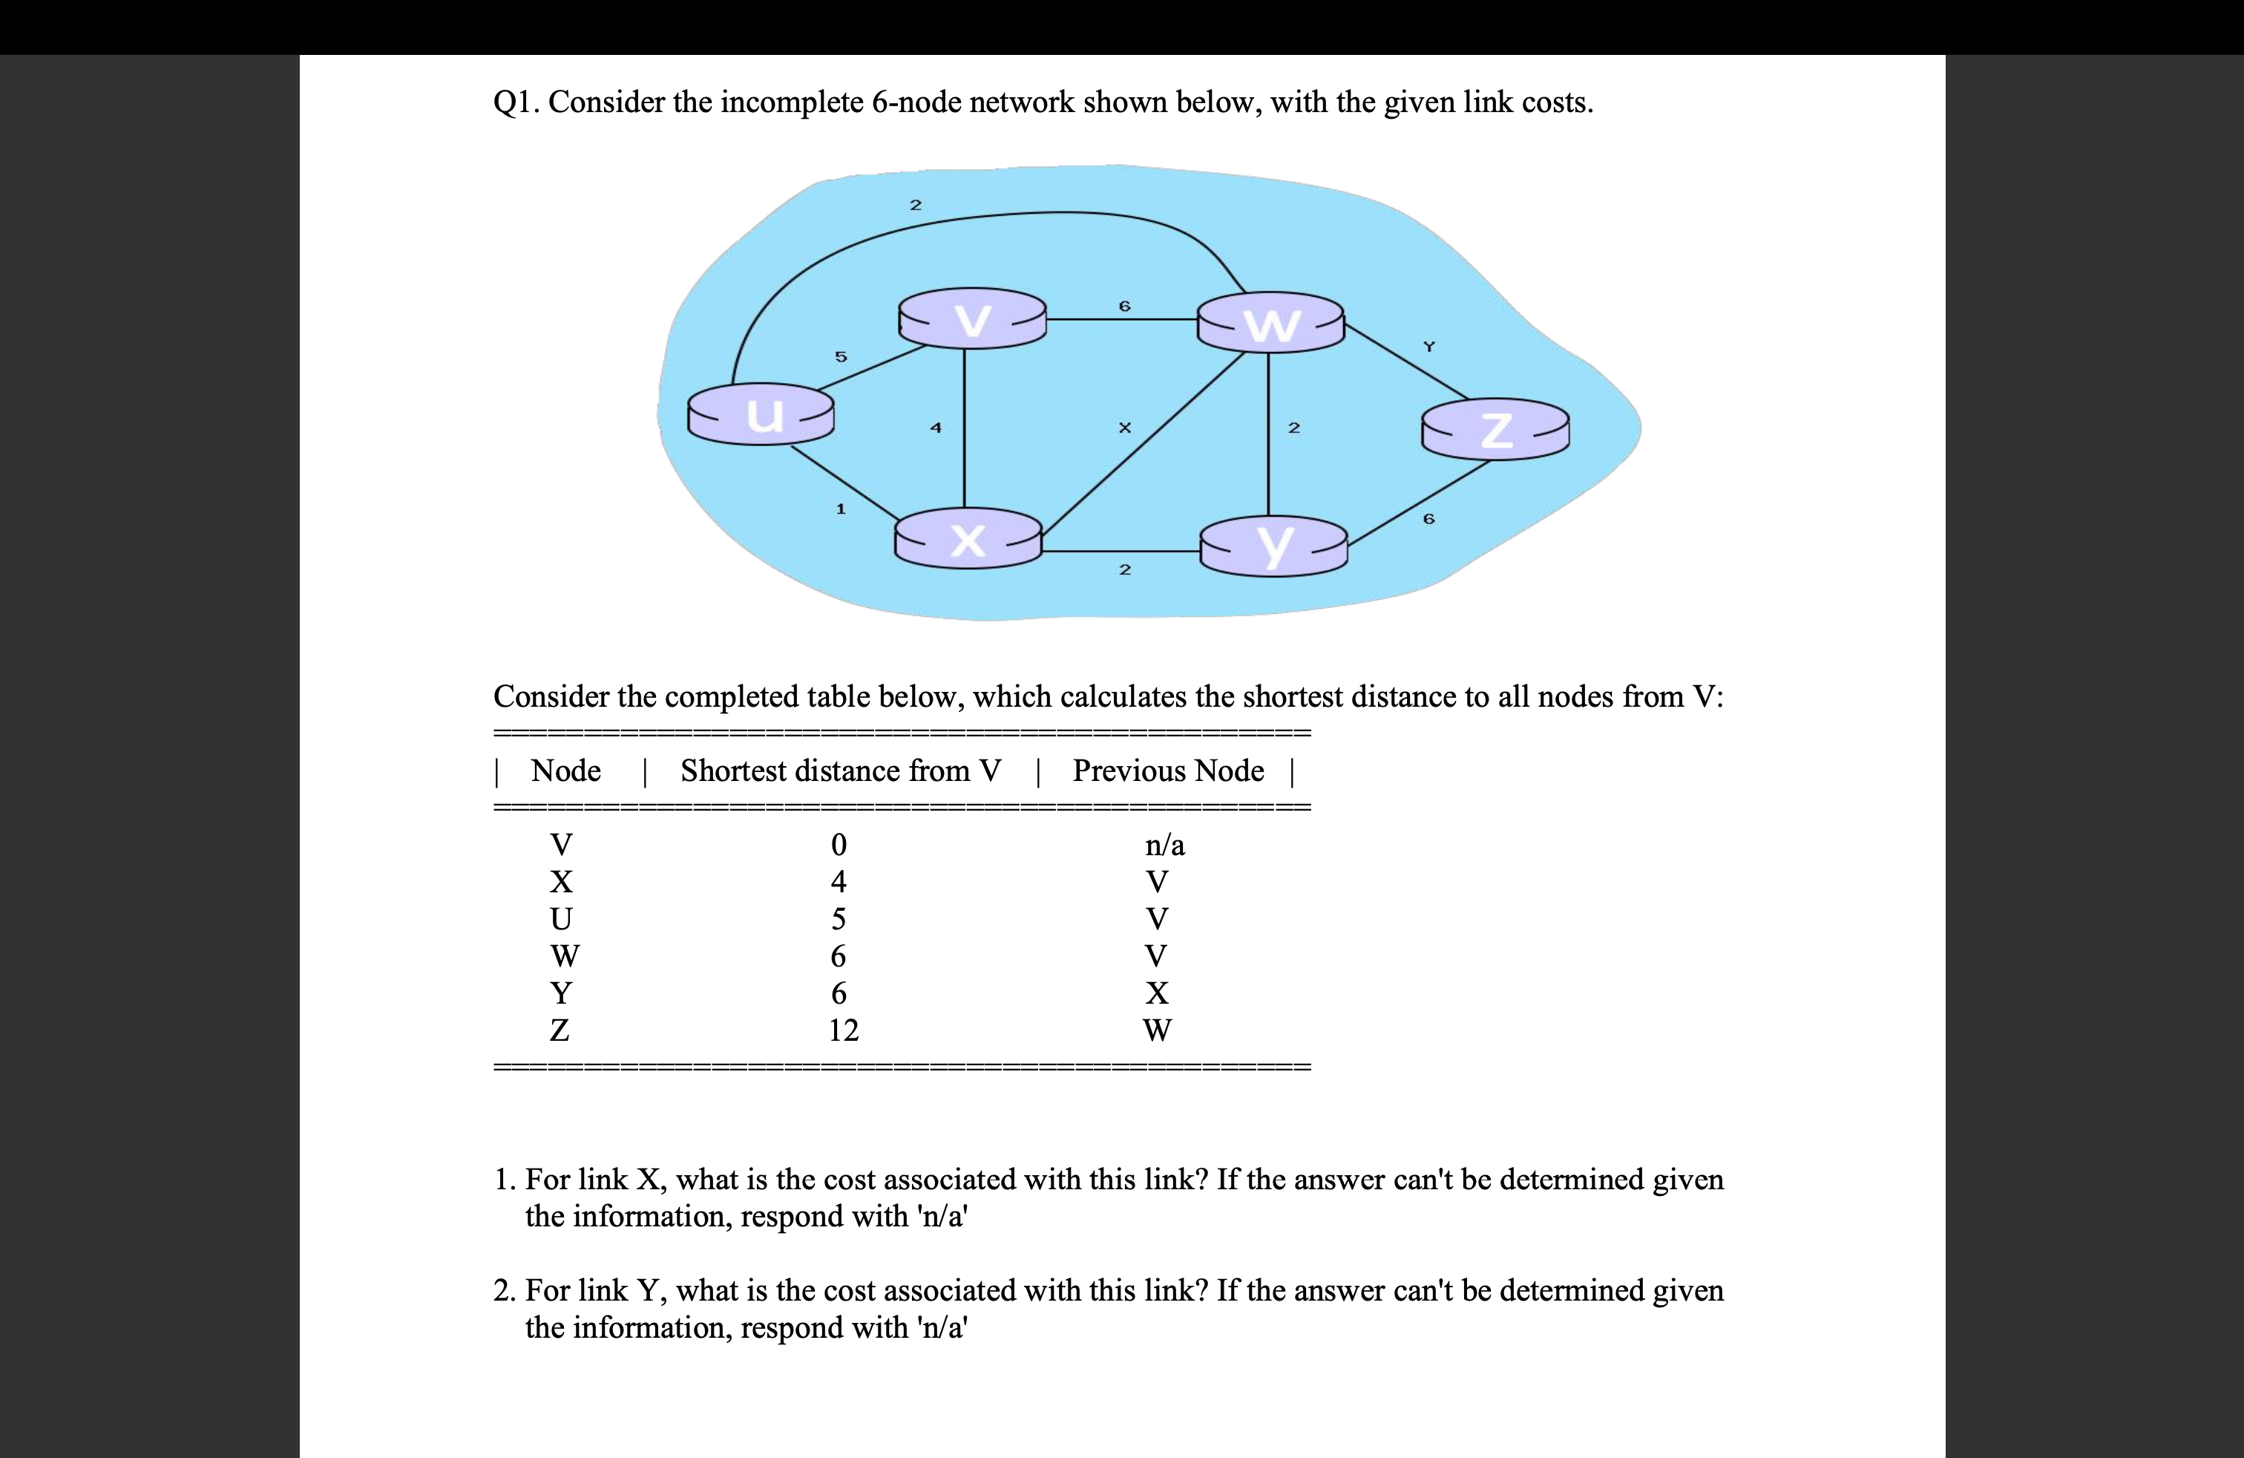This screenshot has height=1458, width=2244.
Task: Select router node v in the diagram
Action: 972,318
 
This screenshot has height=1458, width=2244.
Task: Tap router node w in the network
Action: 1270,322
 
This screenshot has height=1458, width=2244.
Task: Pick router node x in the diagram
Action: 968,538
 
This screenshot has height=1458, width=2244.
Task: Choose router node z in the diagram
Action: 1495,429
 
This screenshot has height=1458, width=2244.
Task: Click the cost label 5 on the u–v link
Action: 841,356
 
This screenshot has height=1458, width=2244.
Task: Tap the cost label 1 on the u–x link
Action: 841,509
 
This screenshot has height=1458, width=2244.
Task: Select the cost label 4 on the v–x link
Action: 935,427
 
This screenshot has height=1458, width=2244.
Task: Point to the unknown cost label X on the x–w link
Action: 1124,427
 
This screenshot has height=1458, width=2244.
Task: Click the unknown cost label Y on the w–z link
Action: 1428,347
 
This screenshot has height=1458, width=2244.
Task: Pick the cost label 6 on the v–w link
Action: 1124,307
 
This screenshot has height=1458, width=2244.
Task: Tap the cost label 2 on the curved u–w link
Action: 914,205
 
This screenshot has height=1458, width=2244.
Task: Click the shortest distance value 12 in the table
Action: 843,1030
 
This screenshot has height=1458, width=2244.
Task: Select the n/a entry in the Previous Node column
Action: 1164,845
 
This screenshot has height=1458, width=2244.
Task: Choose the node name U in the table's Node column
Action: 561,918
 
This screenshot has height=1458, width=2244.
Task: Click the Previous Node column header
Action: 1167,771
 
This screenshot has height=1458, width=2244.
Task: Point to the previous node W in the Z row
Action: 1157,1030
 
